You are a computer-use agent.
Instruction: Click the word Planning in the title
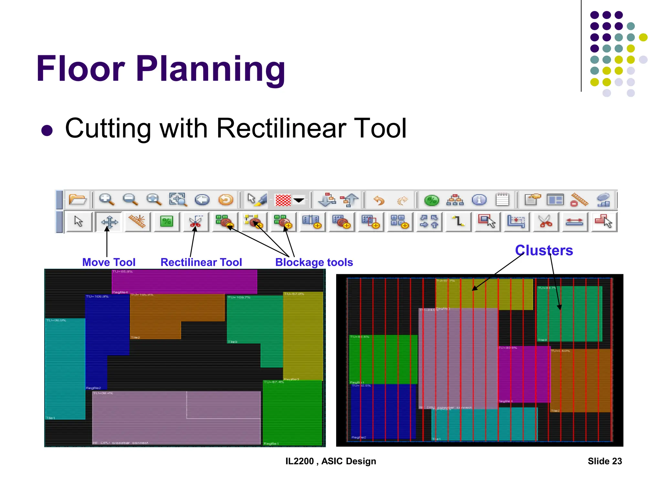pos(211,69)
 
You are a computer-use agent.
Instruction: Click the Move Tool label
pos(109,262)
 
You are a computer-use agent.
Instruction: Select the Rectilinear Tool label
pos(201,262)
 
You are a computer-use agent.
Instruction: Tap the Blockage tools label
pos(314,262)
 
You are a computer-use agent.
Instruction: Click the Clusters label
pos(544,250)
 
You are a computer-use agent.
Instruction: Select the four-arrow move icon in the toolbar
pos(109,222)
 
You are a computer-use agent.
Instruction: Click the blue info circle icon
pos(479,200)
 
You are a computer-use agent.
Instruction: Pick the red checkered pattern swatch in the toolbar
pos(283,200)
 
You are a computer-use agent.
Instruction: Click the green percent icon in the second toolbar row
pos(166,222)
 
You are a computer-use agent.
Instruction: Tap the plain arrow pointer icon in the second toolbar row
pos(79,222)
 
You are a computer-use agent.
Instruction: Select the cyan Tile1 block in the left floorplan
pos(65,368)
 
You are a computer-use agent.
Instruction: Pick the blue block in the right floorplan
pos(383,412)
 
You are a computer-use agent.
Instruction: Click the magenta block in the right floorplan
pos(524,375)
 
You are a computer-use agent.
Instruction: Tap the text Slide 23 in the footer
pos(604,461)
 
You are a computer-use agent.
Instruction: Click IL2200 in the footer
pos(299,461)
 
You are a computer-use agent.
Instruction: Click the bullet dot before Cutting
pos(47,130)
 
